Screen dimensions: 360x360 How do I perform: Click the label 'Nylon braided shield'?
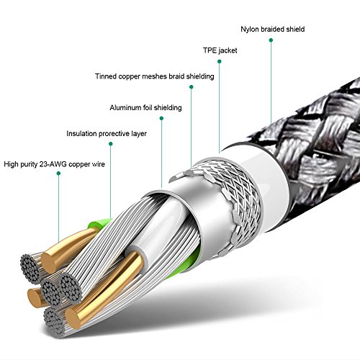coord(273,30)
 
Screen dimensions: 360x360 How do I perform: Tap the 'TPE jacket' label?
coord(220,50)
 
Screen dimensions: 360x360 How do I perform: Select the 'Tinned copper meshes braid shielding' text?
coord(155,76)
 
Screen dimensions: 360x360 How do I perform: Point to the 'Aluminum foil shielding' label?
coord(145,107)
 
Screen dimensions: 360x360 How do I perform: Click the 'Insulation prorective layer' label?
coord(107,133)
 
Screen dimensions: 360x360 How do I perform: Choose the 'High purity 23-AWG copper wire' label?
coord(55,164)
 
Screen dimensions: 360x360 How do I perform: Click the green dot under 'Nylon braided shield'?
coord(271,40)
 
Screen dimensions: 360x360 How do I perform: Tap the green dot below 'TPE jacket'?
coord(219,61)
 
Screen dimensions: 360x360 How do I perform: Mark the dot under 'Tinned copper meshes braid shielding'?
coord(192,87)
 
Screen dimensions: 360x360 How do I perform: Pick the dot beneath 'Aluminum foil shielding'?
coord(161,118)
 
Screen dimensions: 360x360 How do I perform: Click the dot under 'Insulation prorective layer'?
coord(111,144)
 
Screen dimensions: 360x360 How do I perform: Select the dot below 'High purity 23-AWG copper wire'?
coord(58,174)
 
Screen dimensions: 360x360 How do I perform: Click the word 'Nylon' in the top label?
coord(250,30)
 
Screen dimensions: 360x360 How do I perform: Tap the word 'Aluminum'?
coord(125,107)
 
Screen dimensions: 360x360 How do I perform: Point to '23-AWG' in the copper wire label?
coord(53,164)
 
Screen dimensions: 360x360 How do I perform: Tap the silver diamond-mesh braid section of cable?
coord(230,204)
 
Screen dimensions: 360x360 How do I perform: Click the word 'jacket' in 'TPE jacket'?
coord(228,50)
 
